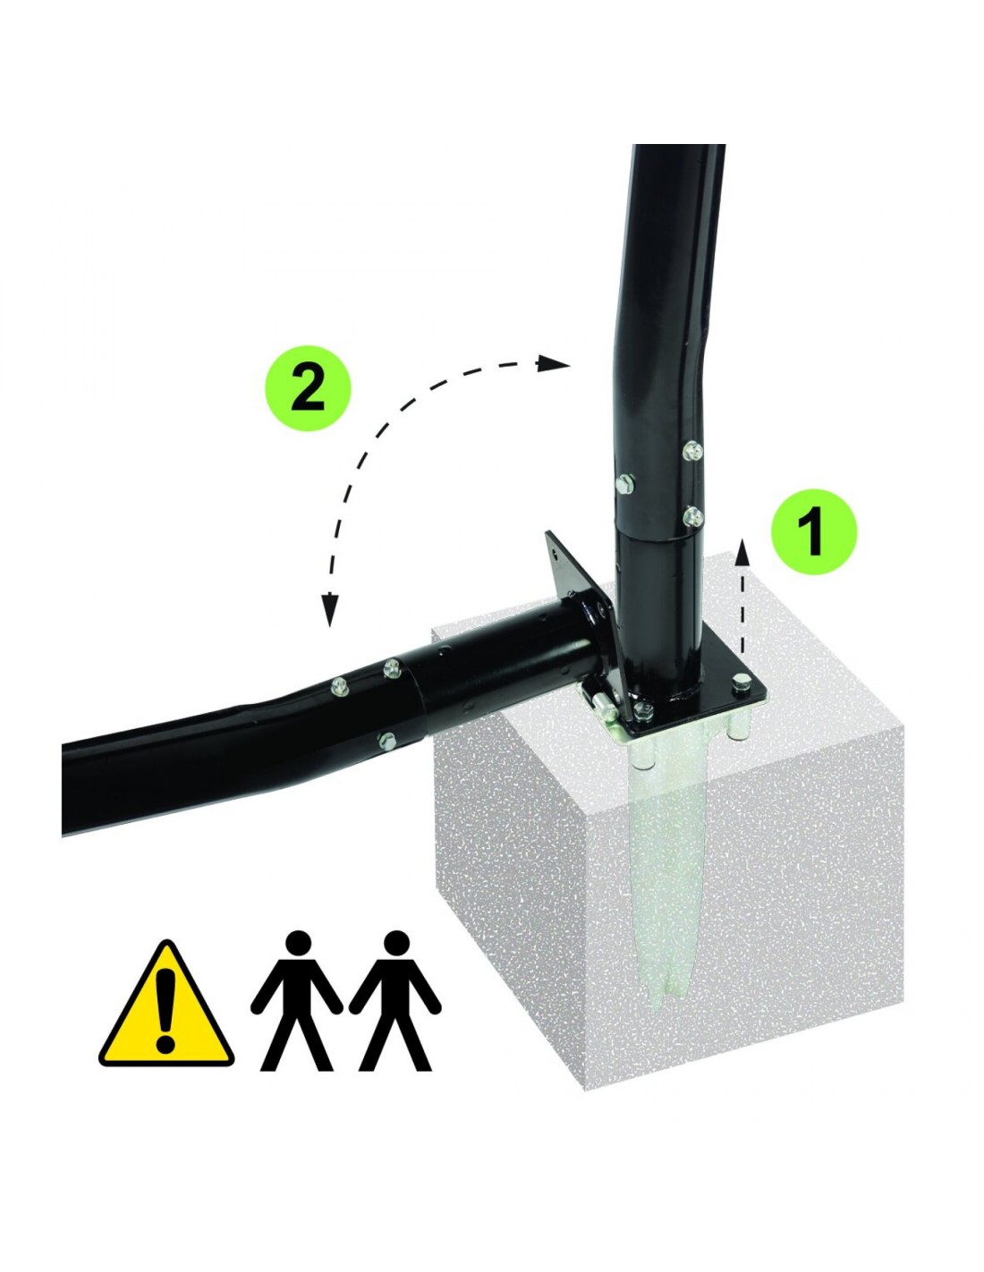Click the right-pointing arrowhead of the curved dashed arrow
554,364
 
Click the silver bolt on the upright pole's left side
623,484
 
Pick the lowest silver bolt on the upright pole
693,516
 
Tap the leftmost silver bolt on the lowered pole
339,686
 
